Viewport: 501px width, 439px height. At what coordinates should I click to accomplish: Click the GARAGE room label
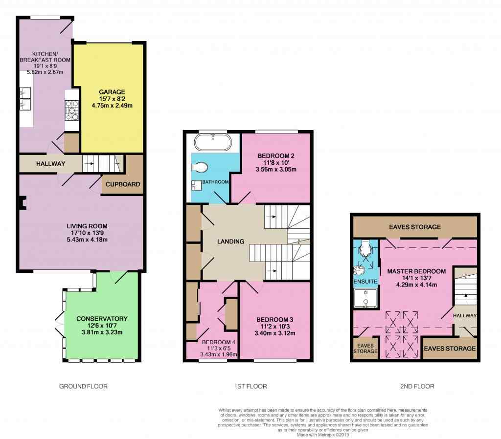click(x=112, y=92)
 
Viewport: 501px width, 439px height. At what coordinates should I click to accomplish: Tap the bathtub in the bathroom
click(x=213, y=142)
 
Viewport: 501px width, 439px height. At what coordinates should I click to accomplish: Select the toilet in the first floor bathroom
click(x=200, y=167)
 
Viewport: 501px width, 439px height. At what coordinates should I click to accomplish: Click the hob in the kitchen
click(x=72, y=110)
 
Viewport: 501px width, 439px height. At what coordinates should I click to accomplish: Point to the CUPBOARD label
click(x=123, y=184)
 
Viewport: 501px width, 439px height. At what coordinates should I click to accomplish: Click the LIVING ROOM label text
click(x=87, y=226)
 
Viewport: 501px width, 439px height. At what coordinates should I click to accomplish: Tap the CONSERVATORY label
click(x=102, y=319)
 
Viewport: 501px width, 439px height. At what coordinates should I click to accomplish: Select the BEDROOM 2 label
click(x=276, y=156)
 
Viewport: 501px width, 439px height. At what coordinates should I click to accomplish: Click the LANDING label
click(x=231, y=241)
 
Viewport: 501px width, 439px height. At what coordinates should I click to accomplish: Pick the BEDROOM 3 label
click(x=275, y=320)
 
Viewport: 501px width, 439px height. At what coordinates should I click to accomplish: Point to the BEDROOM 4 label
click(x=219, y=342)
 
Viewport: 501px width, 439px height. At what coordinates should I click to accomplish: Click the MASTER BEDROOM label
click(x=416, y=271)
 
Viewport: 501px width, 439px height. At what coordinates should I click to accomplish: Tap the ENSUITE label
click(x=365, y=282)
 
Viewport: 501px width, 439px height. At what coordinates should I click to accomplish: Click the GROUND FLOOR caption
click(x=83, y=386)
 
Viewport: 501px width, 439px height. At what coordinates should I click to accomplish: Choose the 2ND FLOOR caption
click(x=417, y=386)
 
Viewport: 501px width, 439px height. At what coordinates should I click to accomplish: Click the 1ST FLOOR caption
click(x=250, y=386)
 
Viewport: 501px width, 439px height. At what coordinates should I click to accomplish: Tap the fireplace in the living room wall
click(x=23, y=203)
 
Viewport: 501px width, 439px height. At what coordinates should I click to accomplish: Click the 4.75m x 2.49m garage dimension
click(x=112, y=106)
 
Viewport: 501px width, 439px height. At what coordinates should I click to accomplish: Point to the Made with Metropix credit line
click(x=323, y=435)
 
